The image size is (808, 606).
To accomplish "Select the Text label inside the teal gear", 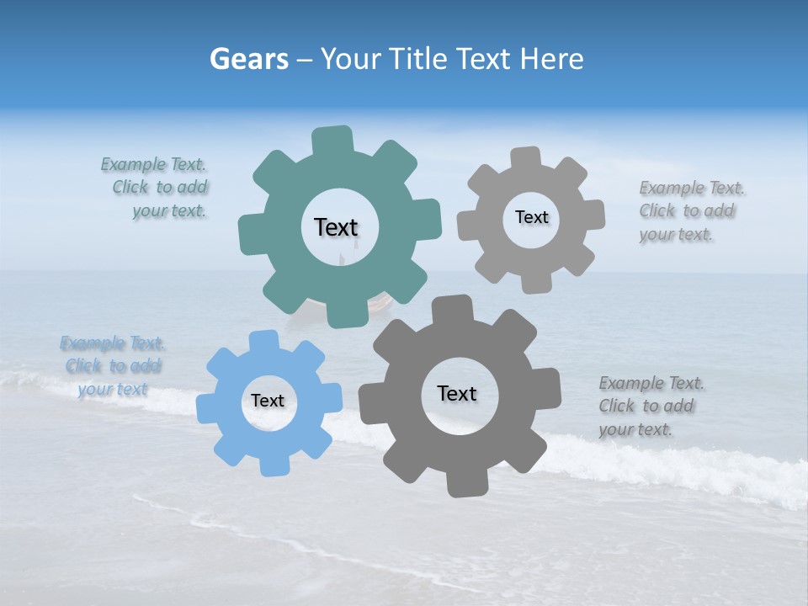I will point(336,227).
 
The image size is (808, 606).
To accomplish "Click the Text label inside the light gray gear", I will point(531,217).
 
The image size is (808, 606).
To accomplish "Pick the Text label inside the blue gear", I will point(268,401).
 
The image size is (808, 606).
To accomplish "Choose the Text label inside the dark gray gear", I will point(457,393).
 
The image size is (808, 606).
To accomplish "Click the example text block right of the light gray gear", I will point(690,211).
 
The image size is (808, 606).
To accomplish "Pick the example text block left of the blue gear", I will point(111,366).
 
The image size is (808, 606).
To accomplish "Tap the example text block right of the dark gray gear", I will point(651,407).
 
